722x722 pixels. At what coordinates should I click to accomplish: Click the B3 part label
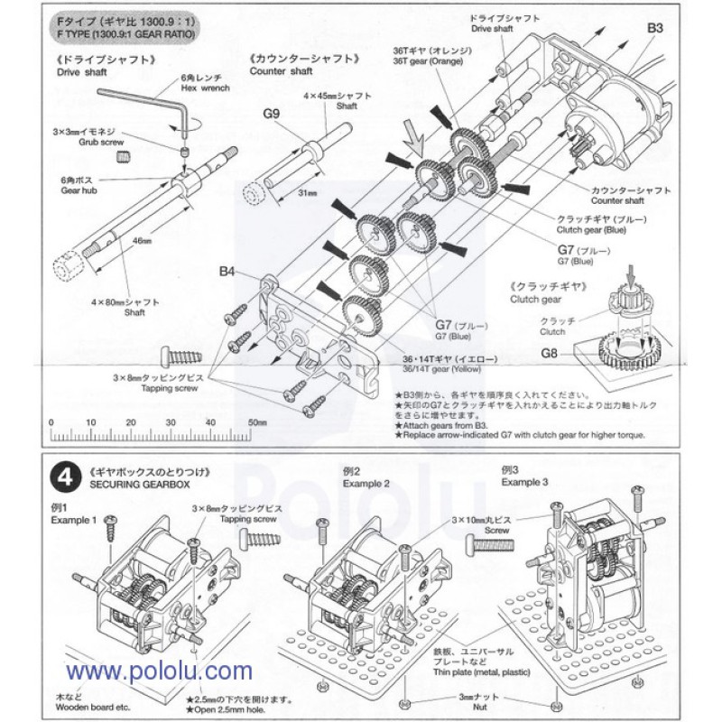(656, 28)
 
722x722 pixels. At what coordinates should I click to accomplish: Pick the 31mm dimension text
(304, 192)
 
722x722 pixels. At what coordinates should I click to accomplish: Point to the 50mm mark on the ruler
(255, 422)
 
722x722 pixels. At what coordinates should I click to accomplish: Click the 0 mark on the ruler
(52, 422)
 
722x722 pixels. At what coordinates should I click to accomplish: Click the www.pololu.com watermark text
(158, 672)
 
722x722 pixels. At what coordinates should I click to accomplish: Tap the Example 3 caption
(524, 483)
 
